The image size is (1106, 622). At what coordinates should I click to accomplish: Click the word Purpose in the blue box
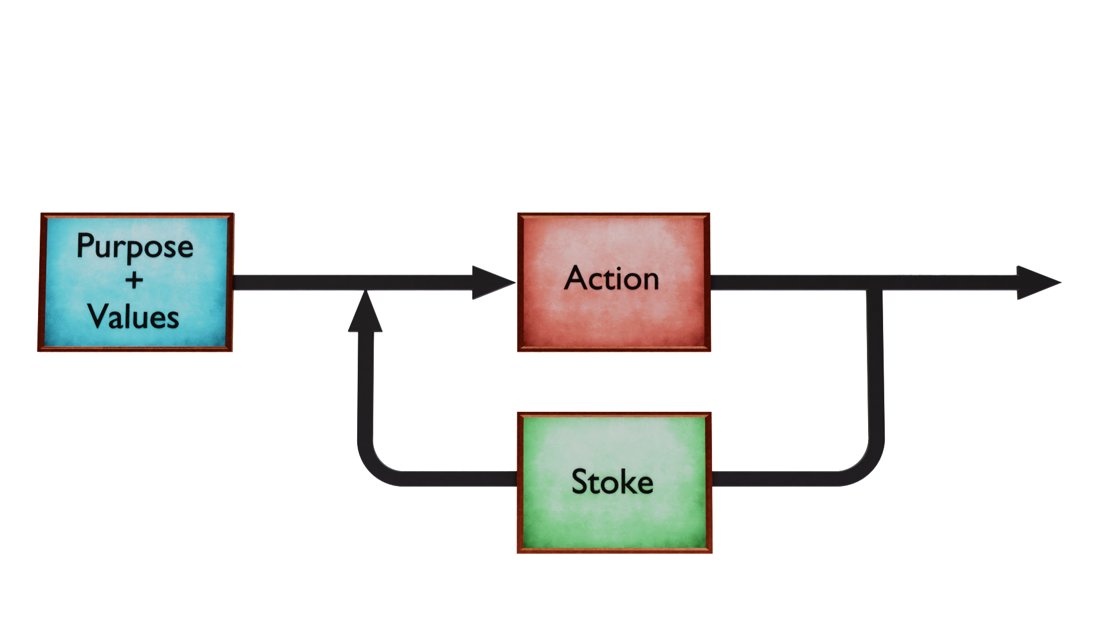coord(135,246)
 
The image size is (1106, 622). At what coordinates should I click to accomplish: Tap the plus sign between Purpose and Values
coord(134,280)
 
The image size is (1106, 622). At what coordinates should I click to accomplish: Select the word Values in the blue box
coord(134,317)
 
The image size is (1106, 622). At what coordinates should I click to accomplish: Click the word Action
coord(612,279)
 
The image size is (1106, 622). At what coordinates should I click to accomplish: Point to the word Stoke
coord(612,481)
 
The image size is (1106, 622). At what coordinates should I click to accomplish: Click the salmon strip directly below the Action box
coord(614,360)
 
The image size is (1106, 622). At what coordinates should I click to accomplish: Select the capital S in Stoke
coord(581,481)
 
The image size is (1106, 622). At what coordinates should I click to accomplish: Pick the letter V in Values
coord(98,316)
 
